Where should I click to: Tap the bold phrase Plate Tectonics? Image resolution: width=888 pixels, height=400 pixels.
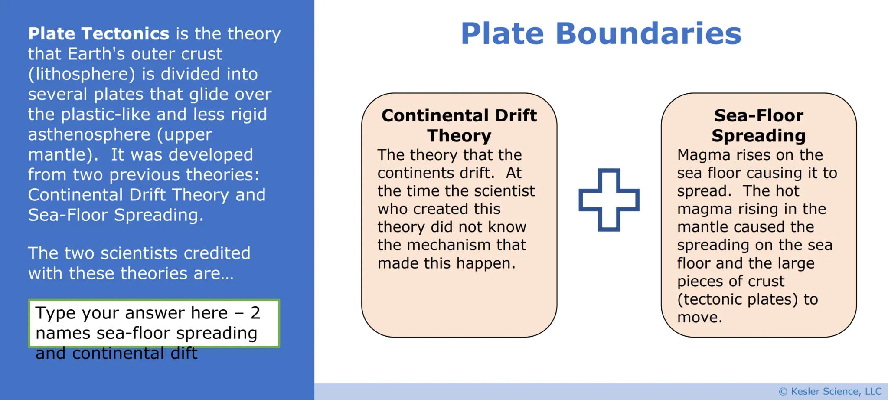click(98, 33)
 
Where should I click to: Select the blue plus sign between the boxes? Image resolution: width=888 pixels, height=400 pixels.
click(609, 200)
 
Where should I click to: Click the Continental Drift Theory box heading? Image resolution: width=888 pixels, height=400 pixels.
click(459, 125)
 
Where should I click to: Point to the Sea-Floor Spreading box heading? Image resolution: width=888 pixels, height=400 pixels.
click(758, 125)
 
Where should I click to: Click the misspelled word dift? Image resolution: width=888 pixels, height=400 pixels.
click(184, 353)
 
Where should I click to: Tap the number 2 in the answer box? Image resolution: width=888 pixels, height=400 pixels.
click(255, 313)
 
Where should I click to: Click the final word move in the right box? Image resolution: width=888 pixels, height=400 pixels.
click(699, 318)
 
